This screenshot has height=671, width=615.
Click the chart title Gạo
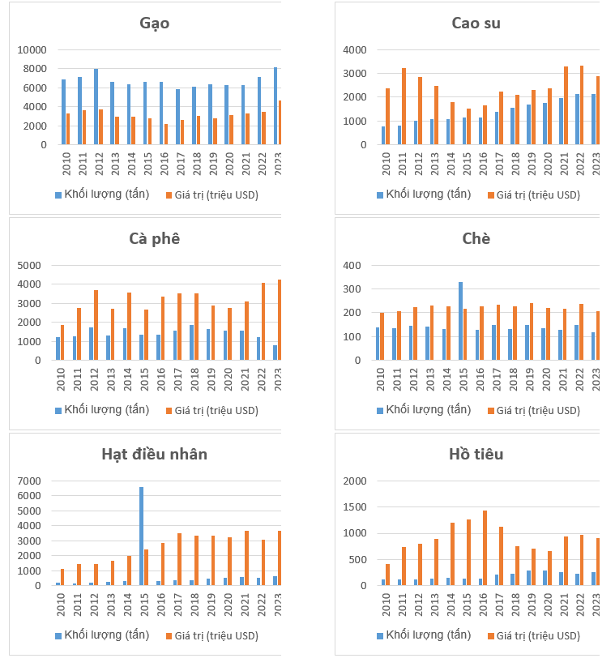point(154,24)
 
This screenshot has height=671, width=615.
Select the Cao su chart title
point(476,24)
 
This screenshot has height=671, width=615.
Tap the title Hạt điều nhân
point(154,454)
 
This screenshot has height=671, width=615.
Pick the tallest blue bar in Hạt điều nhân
point(141,536)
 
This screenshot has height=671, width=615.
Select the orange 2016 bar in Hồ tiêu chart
point(485,548)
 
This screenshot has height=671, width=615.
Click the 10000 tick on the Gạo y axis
point(35,49)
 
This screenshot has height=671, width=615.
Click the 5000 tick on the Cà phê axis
point(38,265)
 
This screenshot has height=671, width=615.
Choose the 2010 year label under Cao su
point(386,160)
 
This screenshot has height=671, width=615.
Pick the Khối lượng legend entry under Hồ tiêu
point(422,635)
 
